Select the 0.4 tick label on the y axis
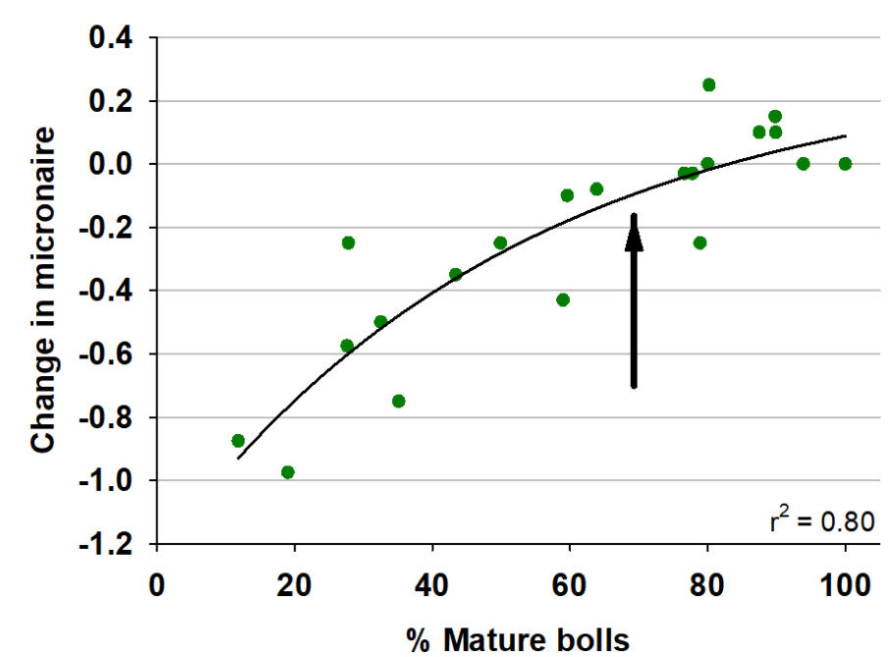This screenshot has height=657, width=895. click(110, 38)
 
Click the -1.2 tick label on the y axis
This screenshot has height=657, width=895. click(105, 544)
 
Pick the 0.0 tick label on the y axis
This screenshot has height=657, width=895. click(110, 165)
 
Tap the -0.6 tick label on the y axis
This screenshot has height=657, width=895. click(105, 355)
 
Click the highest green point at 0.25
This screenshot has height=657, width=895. click(708, 84)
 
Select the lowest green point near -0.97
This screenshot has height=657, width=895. click(288, 472)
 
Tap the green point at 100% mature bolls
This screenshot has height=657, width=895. click(845, 164)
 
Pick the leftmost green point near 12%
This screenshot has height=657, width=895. click(238, 441)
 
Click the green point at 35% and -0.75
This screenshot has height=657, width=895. click(398, 401)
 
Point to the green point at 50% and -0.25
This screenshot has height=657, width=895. click(500, 243)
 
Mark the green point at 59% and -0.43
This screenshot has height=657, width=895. click(563, 300)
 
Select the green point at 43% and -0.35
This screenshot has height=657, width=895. click(455, 274)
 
